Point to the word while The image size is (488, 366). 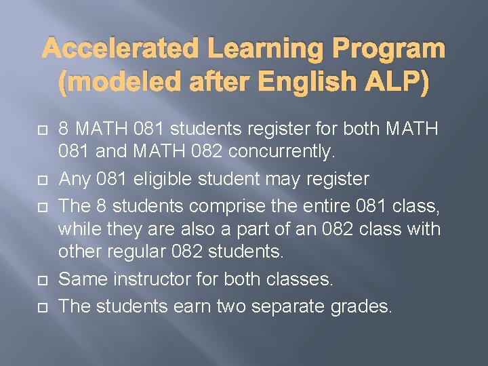click(75, 230)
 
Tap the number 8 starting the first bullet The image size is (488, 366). click(63, 128)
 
